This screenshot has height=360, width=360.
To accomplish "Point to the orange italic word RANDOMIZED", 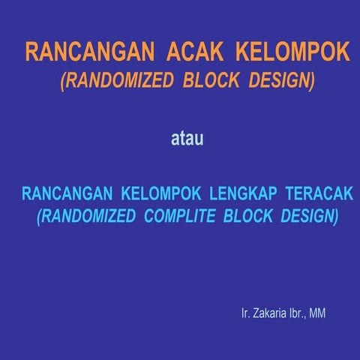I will point(117,80).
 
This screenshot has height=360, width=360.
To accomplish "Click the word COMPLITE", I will point(184,217).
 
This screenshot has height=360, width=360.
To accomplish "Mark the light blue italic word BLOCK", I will point(253,217).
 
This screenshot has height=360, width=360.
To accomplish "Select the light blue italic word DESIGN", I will point(309,217).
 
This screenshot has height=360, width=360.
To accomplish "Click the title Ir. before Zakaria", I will point(245,312).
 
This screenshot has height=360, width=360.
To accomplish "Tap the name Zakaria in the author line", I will point(269,312).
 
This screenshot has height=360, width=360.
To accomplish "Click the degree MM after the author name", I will point(318,312).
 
